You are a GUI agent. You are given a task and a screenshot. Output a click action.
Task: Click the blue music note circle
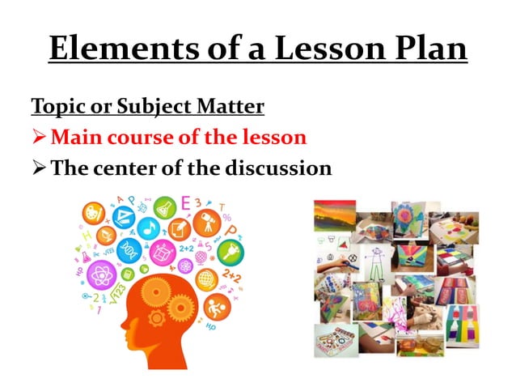tap(147, 228)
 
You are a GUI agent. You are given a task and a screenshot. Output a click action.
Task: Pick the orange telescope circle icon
tap(208, 219)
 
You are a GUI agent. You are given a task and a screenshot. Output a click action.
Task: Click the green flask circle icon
tap(165, 206)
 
